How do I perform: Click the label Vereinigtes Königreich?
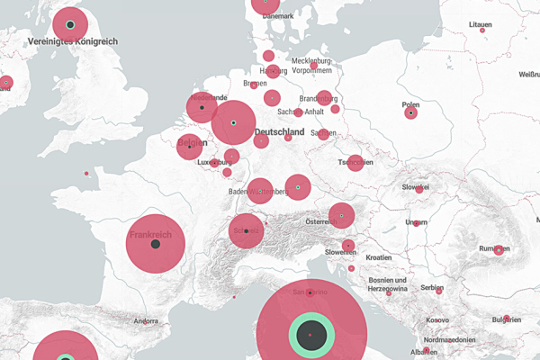coord(74,41)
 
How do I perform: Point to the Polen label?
coord(411,103)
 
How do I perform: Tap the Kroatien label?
coord(379,257)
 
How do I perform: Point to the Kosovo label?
coord(436,319)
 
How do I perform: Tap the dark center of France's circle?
coord(155,244)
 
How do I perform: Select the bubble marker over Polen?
coord(411,113)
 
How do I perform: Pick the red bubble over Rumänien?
coord(499,249)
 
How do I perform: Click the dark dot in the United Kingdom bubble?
coord(70,24)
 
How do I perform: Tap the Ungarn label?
coord(417,222)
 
